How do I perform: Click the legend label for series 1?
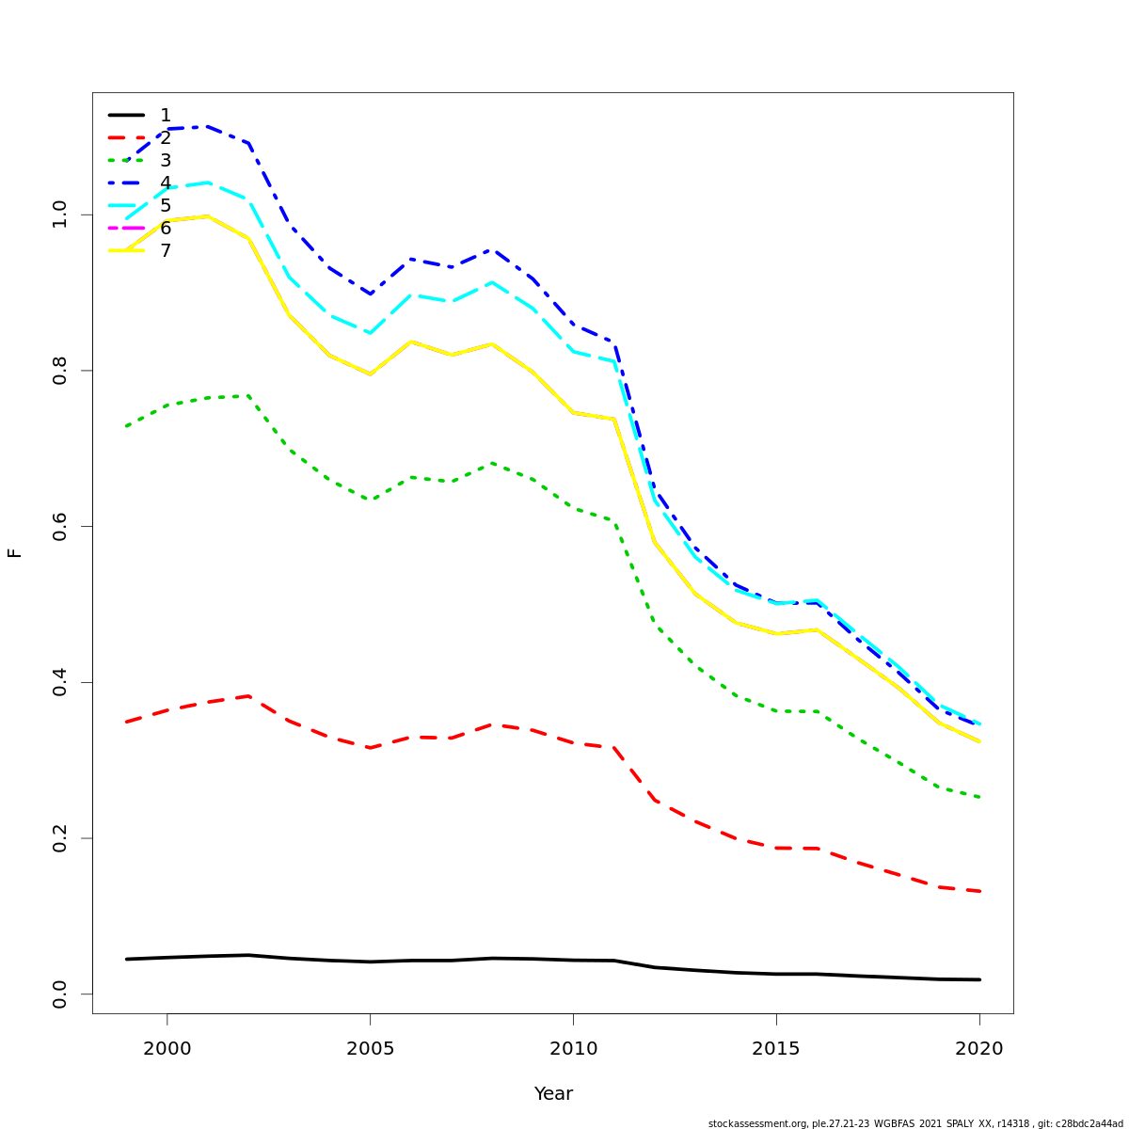166,116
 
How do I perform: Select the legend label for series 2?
166,138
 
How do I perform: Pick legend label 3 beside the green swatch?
166,161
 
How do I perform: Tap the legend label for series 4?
166,183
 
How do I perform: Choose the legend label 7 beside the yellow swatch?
166,251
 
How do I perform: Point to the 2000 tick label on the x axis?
167,1048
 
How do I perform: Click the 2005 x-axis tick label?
370,1048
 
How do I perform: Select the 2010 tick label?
573,1048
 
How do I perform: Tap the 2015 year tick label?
776,1048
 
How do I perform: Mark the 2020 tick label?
979,1048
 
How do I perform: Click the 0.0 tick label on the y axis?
60,994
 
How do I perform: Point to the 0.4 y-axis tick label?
60,682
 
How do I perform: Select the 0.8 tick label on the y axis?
60,371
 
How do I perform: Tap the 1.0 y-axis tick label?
60,215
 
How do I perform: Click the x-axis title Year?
553,1094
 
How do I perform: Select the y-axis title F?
15,553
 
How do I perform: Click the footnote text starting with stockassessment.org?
914,1123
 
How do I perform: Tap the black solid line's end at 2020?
979,979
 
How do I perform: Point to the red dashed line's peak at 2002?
248,696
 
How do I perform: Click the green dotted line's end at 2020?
979,797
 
